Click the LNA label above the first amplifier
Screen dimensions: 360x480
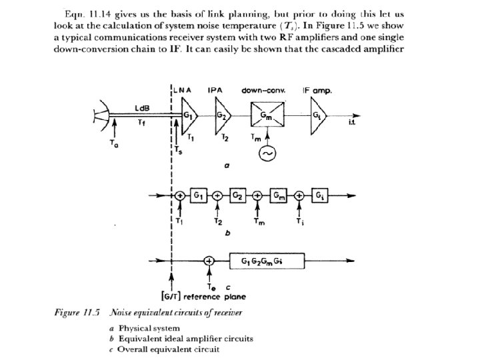(x=181, y=89)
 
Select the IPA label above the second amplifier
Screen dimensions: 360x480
(x=215, y=89)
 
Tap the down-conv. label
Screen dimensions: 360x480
(x=265, y=89)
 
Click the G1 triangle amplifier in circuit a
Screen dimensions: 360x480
(x=189, y=119)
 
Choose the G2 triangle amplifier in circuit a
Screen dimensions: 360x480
(x=222, y=119)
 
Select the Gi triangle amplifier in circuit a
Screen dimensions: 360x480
(x=317, y=119)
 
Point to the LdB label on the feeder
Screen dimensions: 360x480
(x=141, y=107)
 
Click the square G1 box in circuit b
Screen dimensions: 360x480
(x=199, y=195)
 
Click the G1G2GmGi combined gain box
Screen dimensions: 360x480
(x=265, y=261)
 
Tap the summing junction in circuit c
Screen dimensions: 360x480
(x=209, y=261)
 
